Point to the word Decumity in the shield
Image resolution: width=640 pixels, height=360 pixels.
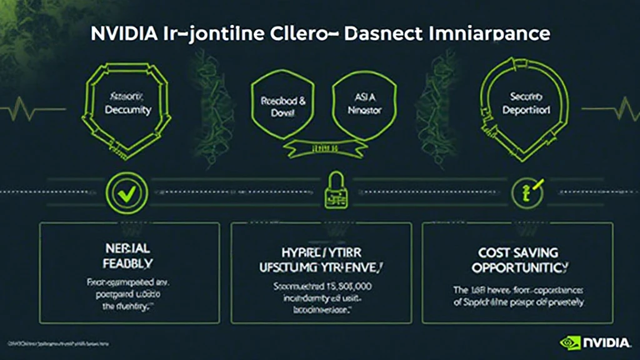click(129, 110)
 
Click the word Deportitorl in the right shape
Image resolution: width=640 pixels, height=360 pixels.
click(526, 110)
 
